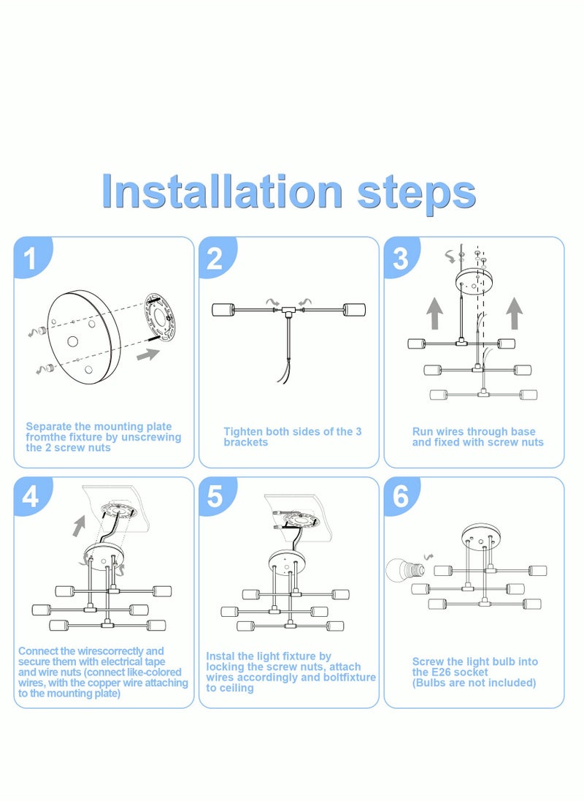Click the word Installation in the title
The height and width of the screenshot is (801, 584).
point(223,191)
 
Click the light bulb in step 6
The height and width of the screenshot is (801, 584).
point(405,569)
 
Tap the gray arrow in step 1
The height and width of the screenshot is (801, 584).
point(148,354)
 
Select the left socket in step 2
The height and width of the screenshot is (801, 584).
point(223,310)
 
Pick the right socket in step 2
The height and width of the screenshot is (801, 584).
point(354,310)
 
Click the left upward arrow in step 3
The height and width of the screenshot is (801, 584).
point(434,314)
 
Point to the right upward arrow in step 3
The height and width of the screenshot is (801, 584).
point(514,314)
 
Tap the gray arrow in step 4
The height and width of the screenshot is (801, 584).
point(79,526)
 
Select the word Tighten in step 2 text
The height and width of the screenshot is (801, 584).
point(242,432)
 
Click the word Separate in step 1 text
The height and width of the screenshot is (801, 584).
point(48,426)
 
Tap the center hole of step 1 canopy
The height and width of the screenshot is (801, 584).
point(73,341)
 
